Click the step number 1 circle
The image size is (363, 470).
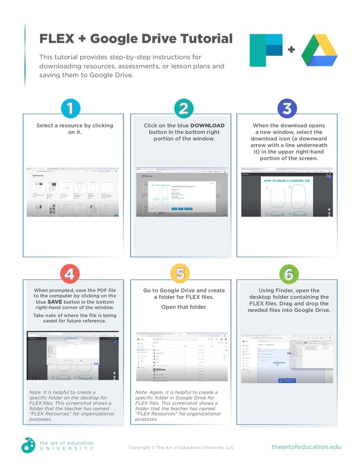[x=70, y=108]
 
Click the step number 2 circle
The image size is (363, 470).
[x=184, y=108]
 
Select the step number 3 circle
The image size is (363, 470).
[x=288, y=108]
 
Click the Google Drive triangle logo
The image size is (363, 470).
[x=319, y=51]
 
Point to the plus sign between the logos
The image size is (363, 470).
[x=291, y=50]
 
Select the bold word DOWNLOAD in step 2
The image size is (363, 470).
[x=207, y=125]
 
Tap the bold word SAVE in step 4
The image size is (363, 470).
[x=55, y=302]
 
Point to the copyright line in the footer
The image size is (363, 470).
[x=181, y=447]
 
